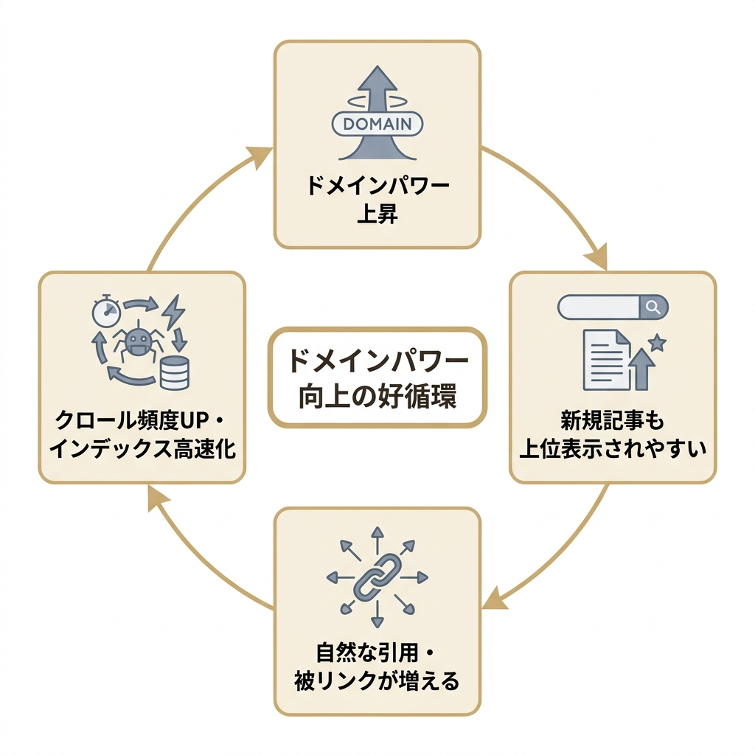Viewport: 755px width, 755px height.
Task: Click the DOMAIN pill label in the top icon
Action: [x=377, y=124]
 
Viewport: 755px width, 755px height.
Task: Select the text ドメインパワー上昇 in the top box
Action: [x=377, y=199]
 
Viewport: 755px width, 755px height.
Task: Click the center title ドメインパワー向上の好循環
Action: [x=377, y=378]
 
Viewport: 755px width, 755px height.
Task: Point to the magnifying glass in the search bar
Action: [x=653, y=307]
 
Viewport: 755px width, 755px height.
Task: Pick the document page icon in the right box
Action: [x=607, y=359]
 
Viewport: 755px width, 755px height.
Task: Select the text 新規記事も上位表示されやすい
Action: [x=613, y=434]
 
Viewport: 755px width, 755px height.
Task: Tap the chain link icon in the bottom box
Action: [x=377, y=577]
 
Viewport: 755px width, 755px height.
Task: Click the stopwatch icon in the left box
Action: [x=106, y=312]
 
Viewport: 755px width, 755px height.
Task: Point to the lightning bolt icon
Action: [x=173, y=312]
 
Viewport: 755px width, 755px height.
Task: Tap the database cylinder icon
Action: [x=174, y=372]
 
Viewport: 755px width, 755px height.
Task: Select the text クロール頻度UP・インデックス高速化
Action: [x=142, y=434]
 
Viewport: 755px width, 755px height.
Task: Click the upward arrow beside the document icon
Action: [x=644, y=369]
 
